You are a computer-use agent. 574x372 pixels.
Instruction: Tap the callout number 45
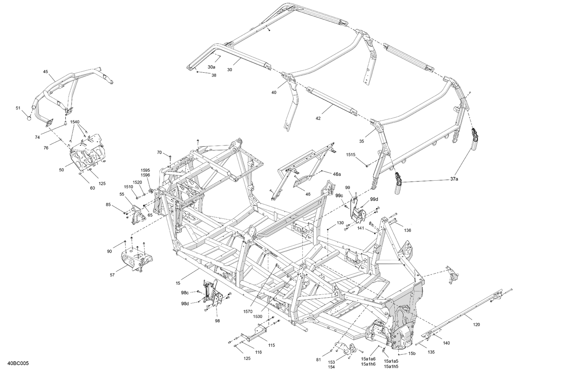pyautogui.click(x=46, y=72)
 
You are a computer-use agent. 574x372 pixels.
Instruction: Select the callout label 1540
pyautogui.click(x=75, y=122)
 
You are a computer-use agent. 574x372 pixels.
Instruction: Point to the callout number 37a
pyautogui.click(x=454, y=179)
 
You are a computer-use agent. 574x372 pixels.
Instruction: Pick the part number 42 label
pyautogui.click(x=318, y=118)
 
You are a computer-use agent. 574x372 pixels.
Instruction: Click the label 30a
pyautogui.click(x=212, y=67)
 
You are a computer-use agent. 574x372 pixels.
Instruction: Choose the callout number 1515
pyautogui.click(x=351, y=155)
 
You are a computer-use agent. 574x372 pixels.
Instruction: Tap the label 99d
pyautogui.click(x=373, y=199)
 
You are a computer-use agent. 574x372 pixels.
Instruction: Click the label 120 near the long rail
pyautogui.click(x=476, y=325)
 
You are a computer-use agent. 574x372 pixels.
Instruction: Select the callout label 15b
pyautogui.click(x=412, y=353)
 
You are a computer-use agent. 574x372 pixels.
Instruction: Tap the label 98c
pyautogui.click(x=185, y=292)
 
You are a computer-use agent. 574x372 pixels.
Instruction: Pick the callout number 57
pyautogui.click(x=112, y=275)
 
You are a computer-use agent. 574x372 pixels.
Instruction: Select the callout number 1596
pyautogui.click(x=145, y=175)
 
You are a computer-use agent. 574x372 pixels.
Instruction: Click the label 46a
pyautogui.click(x=337, y=174)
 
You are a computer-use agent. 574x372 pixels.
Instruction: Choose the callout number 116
pyautogui.click(x=259, y=352)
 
